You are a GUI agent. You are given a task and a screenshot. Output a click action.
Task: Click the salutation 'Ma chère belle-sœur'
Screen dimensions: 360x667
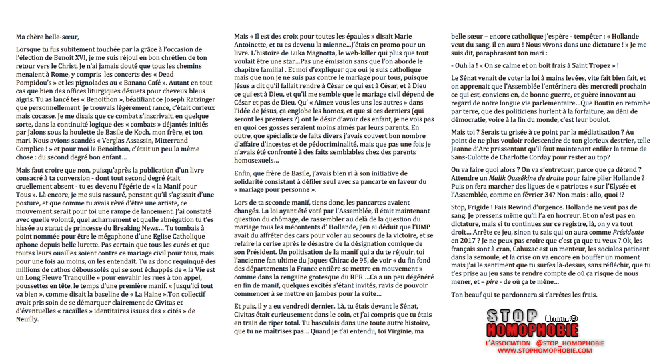[47, 36]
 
